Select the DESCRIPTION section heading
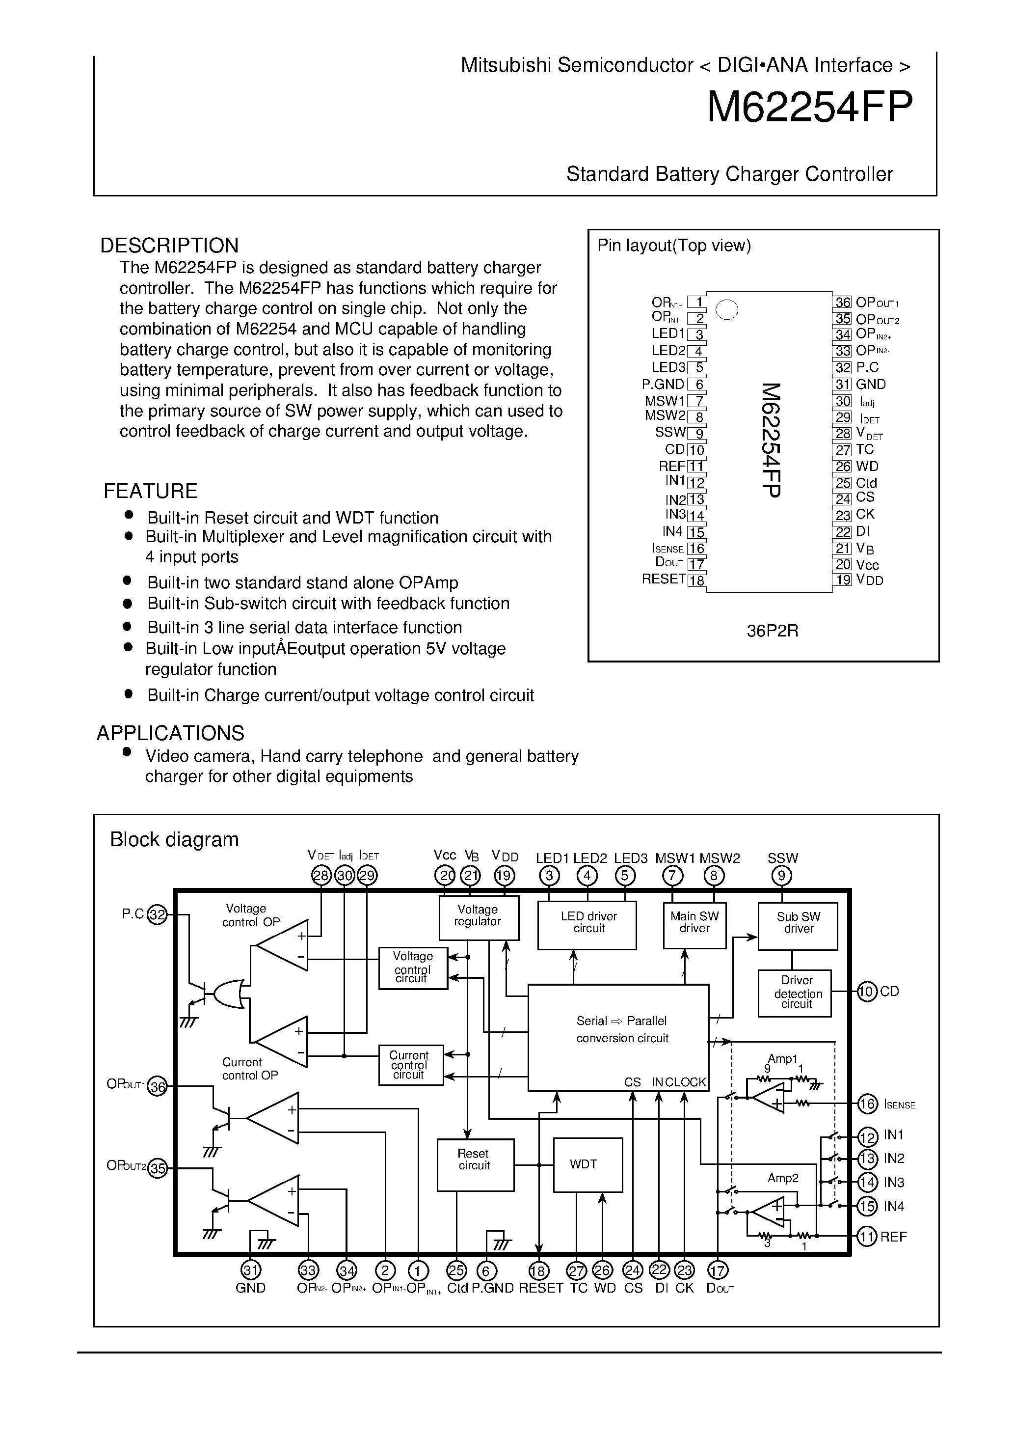169,245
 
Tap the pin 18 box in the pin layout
697,580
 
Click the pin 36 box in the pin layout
842,303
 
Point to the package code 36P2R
772,631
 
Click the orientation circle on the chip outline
726,309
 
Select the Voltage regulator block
479,917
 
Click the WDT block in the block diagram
587,1164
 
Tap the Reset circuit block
475,1164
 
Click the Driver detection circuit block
795,993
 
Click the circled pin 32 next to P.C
158,915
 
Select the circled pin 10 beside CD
867,992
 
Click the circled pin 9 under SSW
781,876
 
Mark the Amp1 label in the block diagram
783,1059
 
